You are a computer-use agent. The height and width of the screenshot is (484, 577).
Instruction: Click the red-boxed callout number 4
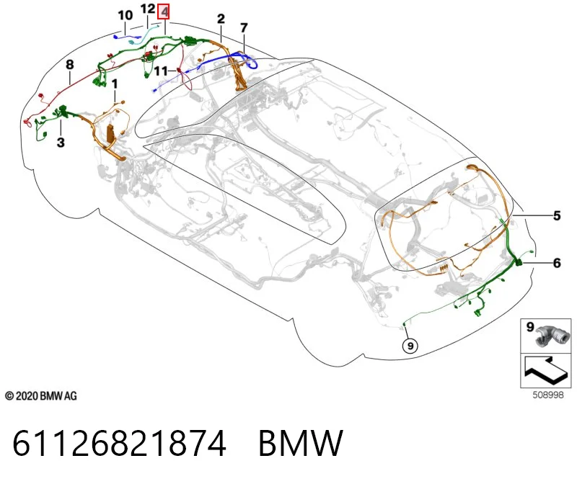point(164,12)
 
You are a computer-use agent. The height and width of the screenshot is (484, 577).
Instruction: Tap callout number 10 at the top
point(125,15)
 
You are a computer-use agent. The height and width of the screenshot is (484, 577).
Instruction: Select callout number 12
point(148,9)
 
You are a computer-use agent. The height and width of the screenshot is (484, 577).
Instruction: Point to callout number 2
point(221,19)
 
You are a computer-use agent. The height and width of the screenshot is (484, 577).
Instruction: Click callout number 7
point(244,27)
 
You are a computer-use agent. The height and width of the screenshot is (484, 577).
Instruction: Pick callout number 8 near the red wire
point(69,65)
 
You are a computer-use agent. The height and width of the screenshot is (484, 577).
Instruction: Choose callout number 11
point(161,71)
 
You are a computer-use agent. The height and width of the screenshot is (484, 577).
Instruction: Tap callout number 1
point(115,84)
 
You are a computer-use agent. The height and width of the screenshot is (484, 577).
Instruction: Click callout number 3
point(61,142)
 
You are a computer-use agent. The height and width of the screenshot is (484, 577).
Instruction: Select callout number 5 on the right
point(557,216)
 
